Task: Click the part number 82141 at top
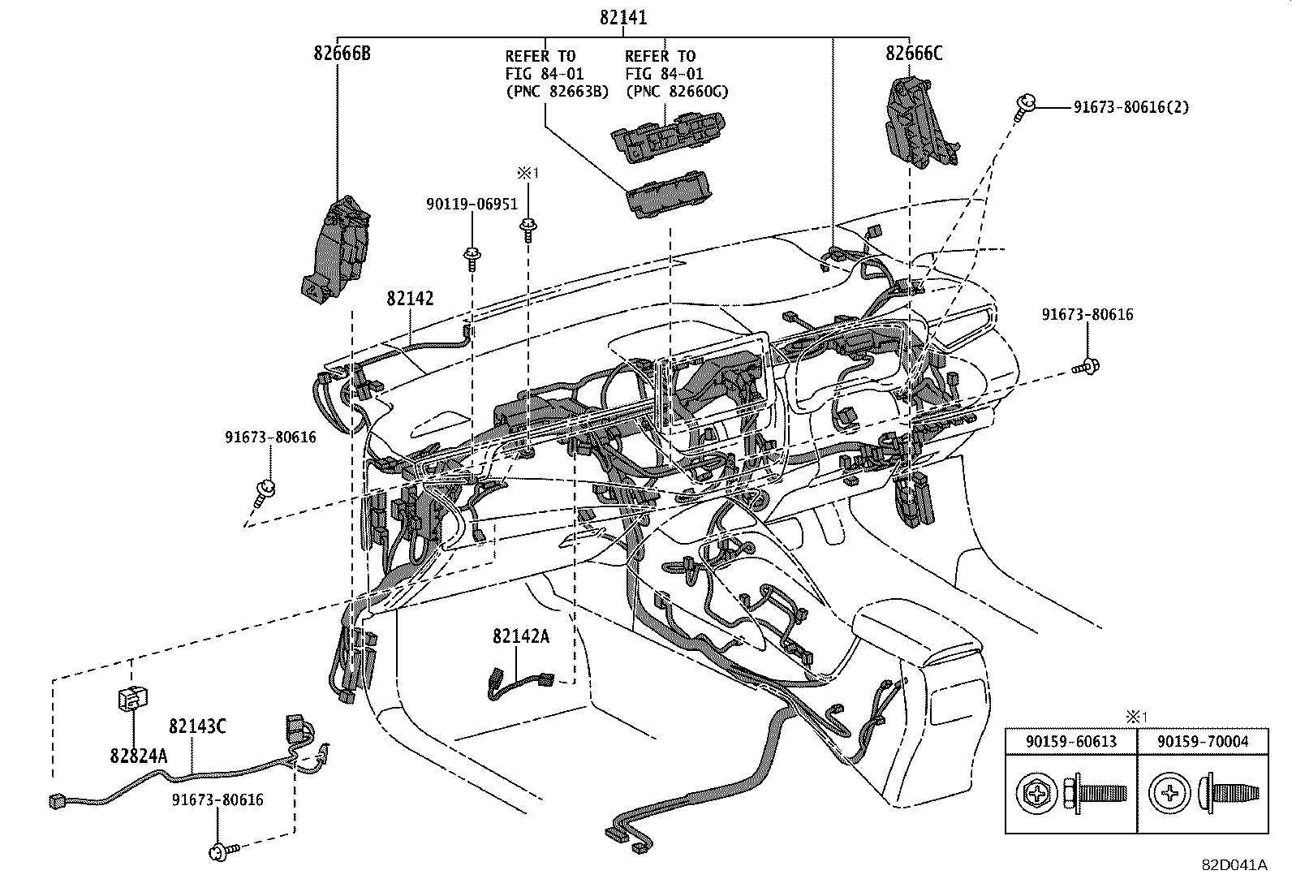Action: (x=623, y=17)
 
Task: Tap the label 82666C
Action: (x=914, y=54)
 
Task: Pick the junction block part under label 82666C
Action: (x=919, y=123)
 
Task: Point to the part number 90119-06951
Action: (x=472, y=205)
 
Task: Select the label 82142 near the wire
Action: (x=410, y=299)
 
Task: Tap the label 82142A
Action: (x=520, y=636)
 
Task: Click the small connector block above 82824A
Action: (x=131, y=697)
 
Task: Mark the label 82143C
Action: (x=197, y=726)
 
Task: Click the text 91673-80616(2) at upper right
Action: (x=1130, y=107)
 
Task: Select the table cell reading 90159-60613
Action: (x=1070, y=741)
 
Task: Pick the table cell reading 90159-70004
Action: (x=1202, y=741)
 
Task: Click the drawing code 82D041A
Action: (x=1234, y=865)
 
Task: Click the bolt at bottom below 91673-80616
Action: (x=222, y=851)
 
